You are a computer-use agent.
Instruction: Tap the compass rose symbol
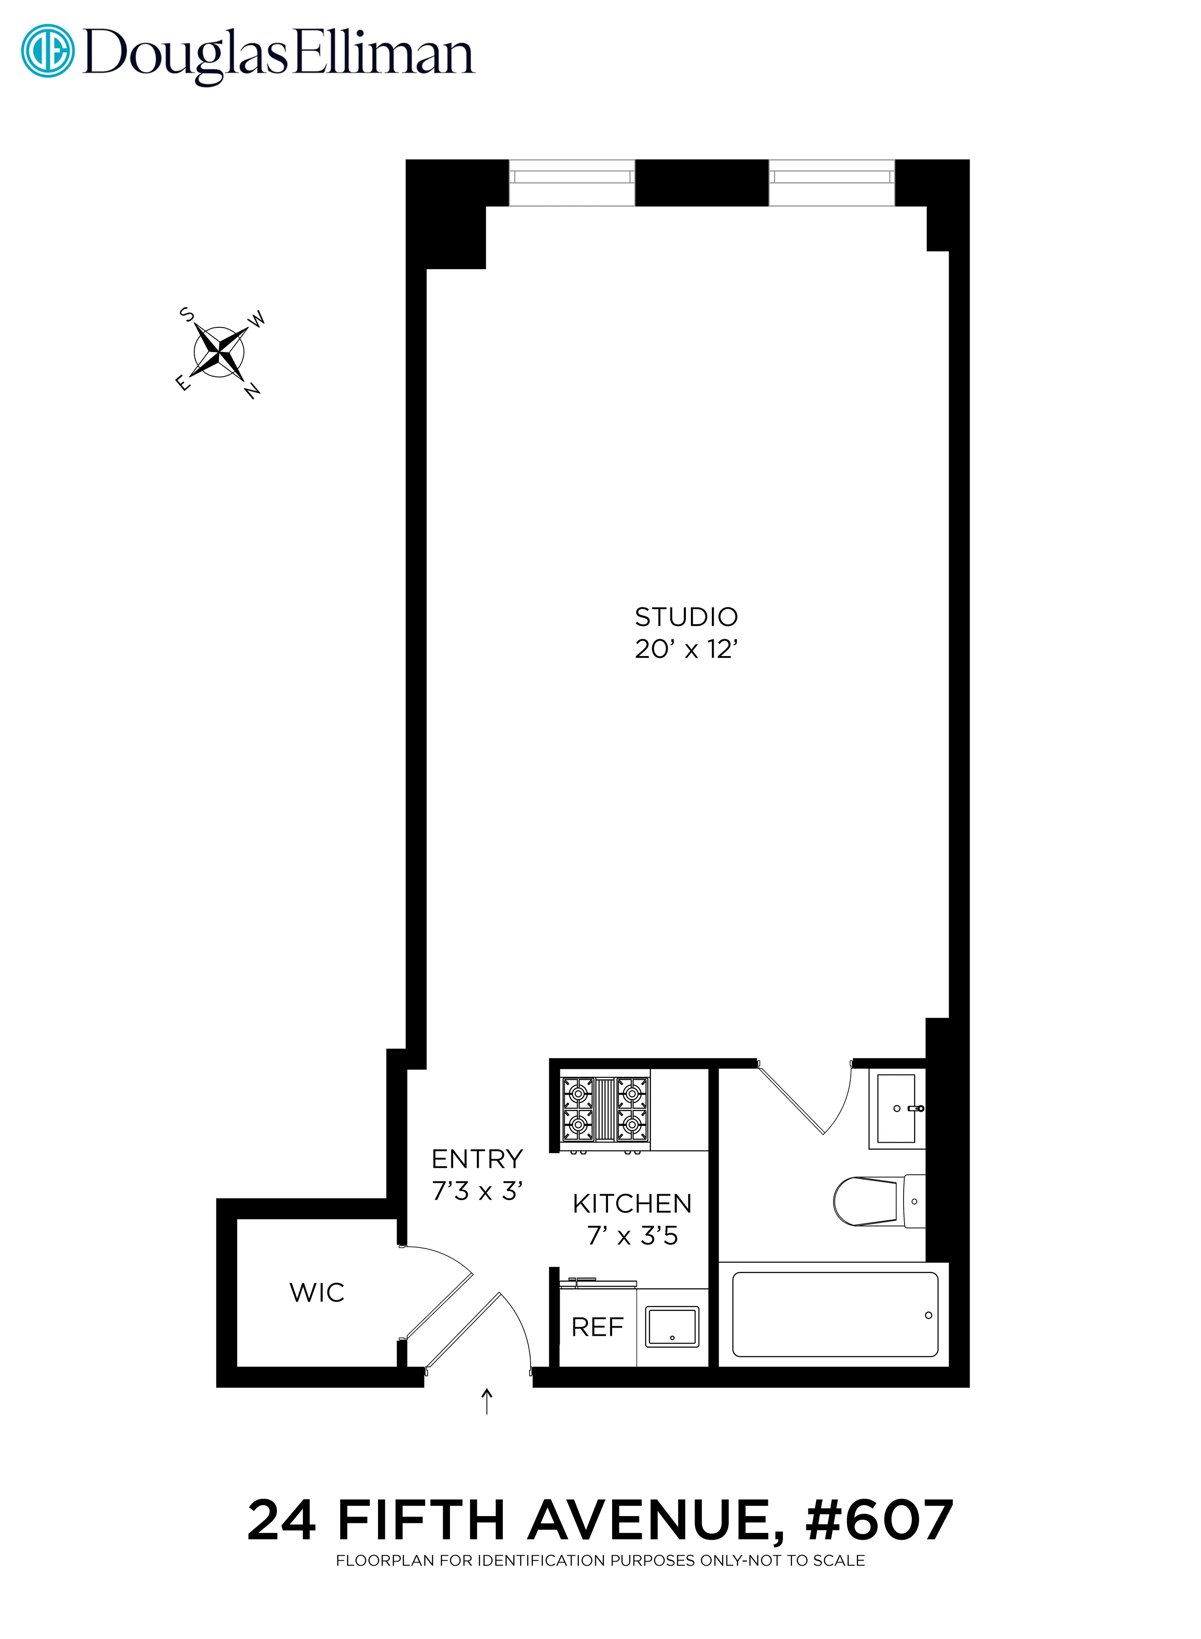[219, 352]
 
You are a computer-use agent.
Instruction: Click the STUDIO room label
[685, 617]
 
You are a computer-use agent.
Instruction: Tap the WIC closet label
[317, 1292]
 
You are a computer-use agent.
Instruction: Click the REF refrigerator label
[597, 1327]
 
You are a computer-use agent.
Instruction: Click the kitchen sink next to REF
[672, 1327]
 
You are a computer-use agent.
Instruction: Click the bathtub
[834, 1314]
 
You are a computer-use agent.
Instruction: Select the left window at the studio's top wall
[572, 183]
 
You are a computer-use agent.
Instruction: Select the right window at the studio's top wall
[831, 183]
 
